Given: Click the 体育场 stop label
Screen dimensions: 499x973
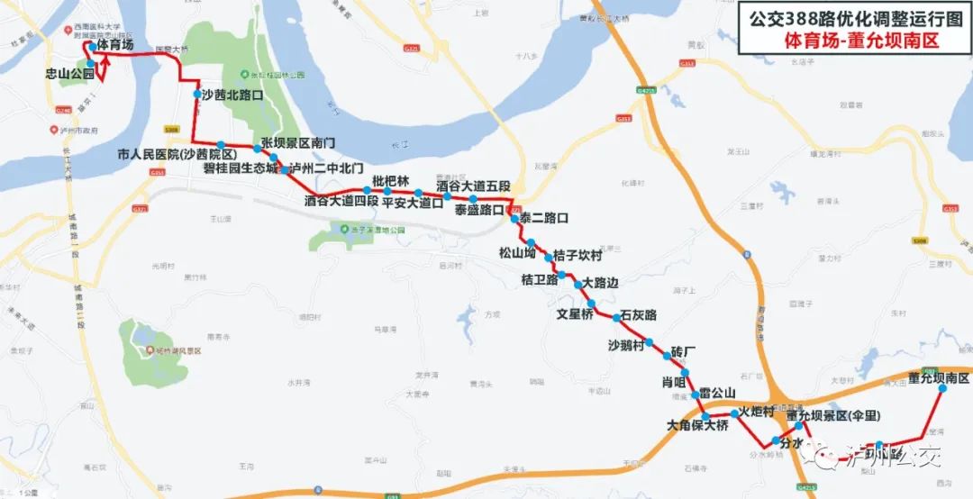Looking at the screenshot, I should (x=116, y=44).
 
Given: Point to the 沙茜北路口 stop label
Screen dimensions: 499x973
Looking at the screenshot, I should (x=232, y=94).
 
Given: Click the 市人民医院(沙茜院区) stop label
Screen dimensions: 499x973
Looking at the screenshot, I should (x=177, y=155).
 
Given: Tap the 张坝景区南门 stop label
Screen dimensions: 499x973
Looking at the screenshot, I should (x=298, y=143).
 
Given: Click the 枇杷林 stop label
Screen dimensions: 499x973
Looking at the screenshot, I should (x=390, y=181).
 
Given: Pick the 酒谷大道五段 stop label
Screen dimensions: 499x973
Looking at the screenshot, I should (x=473, y=186).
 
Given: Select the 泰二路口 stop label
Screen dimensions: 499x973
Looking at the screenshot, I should (x=543, y=218).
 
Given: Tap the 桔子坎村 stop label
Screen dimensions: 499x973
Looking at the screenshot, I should (x=577, y=256).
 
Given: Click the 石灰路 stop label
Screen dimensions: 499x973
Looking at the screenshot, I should (x=639, y=315).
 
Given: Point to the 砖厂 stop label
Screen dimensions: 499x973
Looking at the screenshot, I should (x=685, y=349).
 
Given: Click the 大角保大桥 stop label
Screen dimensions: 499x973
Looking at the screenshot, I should (x=697, y=425).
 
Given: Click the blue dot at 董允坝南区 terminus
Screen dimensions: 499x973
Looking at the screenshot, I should (x=942, y=390).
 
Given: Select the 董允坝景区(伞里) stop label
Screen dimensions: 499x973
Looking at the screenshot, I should (x=832, y=416).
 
